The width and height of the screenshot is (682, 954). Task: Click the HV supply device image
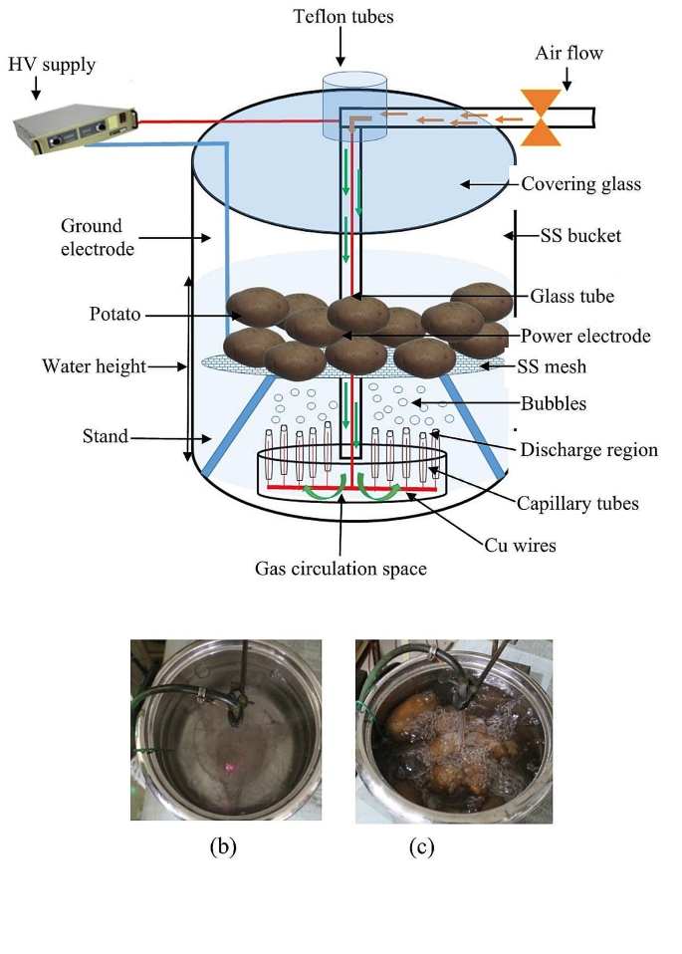pyautogui.click(x=75, y=130)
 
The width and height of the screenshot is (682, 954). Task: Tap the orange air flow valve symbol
pyautogui.click(x=542, y=119)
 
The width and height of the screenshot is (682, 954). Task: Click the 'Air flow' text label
pyautogui.click(x=569, y=52)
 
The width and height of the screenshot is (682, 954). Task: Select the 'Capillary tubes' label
pyautogui.click(x=577, y=504)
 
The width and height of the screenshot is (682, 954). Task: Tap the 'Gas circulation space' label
pyautogui.click(x=341, y=569)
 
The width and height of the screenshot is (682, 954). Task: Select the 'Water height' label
pyautogui.click(x=94, y=366)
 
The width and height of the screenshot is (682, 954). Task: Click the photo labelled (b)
pyautogui.click(x=221, y=731)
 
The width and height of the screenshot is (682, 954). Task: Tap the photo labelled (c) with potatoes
pyautogui.click(x=453, y=731)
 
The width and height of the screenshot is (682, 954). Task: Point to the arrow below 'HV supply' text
pyautogui.click(x=36, y=90)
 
